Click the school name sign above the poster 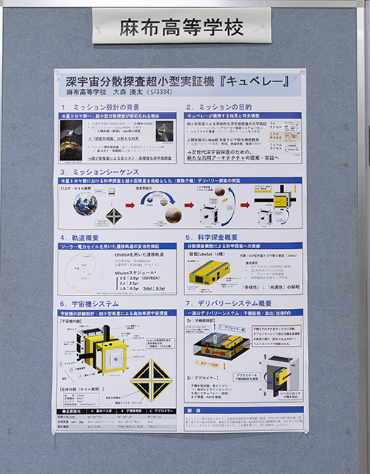181,28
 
